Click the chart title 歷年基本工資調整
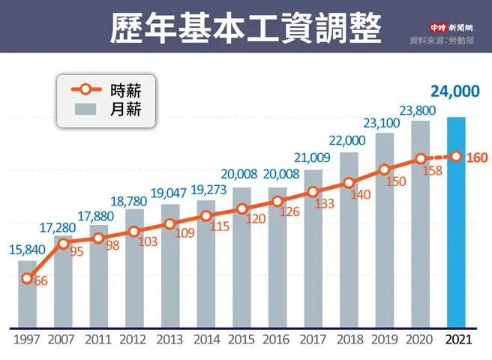click(x=244, y=28)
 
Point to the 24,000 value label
click(x=455, y=91)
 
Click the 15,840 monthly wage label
click(x=26, y=250)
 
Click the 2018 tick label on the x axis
click(x=349, y=340)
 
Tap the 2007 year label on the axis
click(x=64, y=340)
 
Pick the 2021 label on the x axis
click(x=457, y=340)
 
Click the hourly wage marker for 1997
click(x=27, y=279)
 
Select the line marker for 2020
click(x=421, y=159)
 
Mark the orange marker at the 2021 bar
click(x=457, y=157)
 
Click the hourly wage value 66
click(x=41, y=280)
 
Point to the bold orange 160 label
click(x=477, y=158)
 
